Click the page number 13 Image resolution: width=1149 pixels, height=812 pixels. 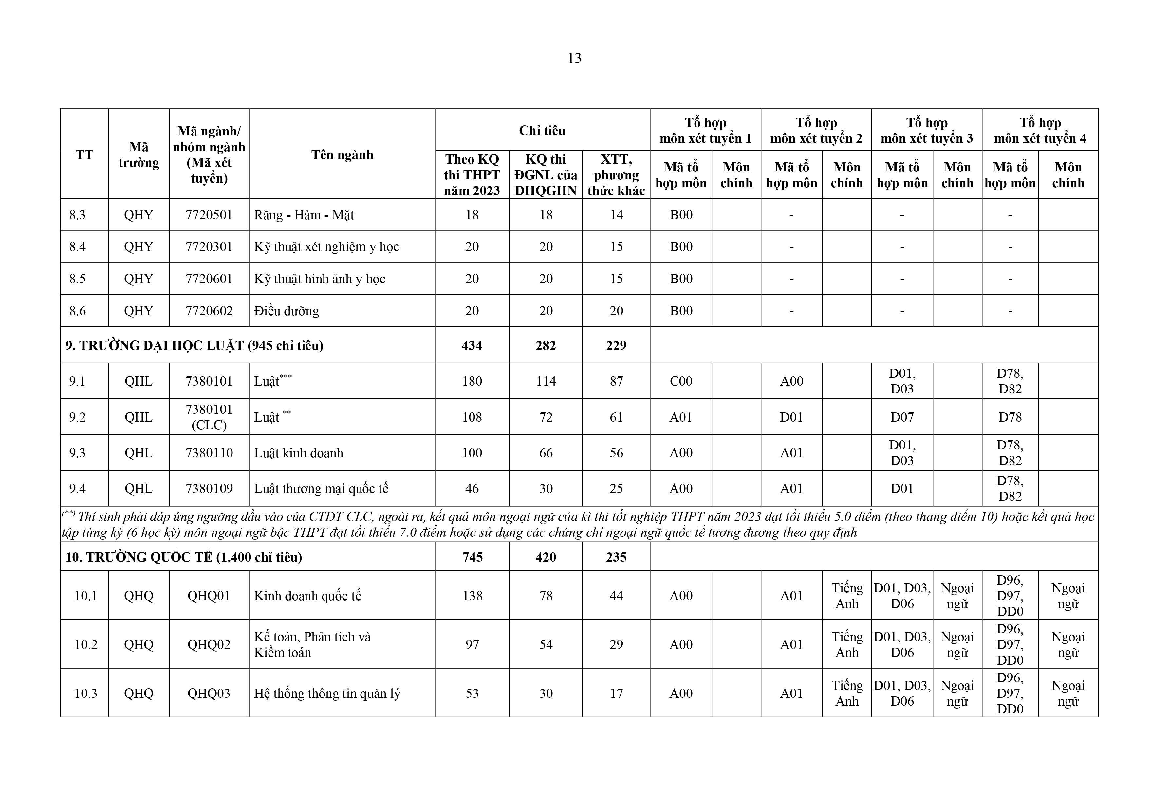click(574, 59)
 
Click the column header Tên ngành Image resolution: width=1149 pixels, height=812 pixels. click(342, 154)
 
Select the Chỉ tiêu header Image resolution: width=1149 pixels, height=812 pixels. click(542, 131)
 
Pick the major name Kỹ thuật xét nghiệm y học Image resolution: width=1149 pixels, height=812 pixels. click(326, 247)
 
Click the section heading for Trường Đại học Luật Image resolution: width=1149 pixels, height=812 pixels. click(194, 346)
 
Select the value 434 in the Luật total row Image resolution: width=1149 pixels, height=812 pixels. click(472, 346)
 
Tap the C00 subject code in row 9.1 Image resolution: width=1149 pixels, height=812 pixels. click(681, 382)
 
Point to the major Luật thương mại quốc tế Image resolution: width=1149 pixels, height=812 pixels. click(321, 489)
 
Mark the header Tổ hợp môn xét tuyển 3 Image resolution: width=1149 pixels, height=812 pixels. click(926, 131)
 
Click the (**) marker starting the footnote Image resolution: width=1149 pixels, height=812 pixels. click(68, 514)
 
